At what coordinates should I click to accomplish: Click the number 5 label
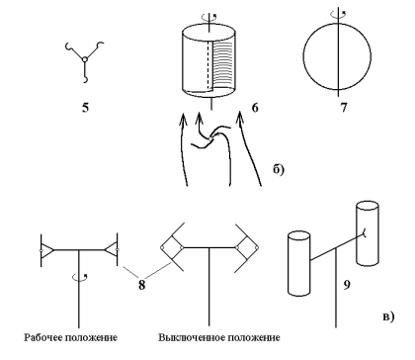click(x=86, y=108)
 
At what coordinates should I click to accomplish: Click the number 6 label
click(x=255, y=108)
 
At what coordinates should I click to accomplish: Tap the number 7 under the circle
click(x=344, y=108)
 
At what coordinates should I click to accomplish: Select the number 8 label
click(x=141, y=285)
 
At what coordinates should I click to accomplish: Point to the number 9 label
click(x=347, y=285)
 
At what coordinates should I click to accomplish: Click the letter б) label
click(x=279, y=169)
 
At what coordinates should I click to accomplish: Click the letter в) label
click(x=388, y=316)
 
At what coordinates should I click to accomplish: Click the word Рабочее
click(x=43, y=337)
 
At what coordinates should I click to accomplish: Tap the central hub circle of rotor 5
click(x=85, y=59)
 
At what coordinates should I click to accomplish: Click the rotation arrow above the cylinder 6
click(x=209, y=17)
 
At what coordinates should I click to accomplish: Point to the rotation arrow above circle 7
click(x=338, y=14)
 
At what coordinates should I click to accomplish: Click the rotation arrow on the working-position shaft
click(x=80, y=278)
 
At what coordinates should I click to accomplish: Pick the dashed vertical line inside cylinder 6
click(x=208, y=65)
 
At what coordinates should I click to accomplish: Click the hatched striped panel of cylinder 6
click(x=224, y=64)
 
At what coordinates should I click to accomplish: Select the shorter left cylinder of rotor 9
click(x=299, y=264)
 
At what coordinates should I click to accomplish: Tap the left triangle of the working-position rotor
click(x=46, y=250)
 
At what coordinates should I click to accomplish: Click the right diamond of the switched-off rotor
click(x=247, y=247)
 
